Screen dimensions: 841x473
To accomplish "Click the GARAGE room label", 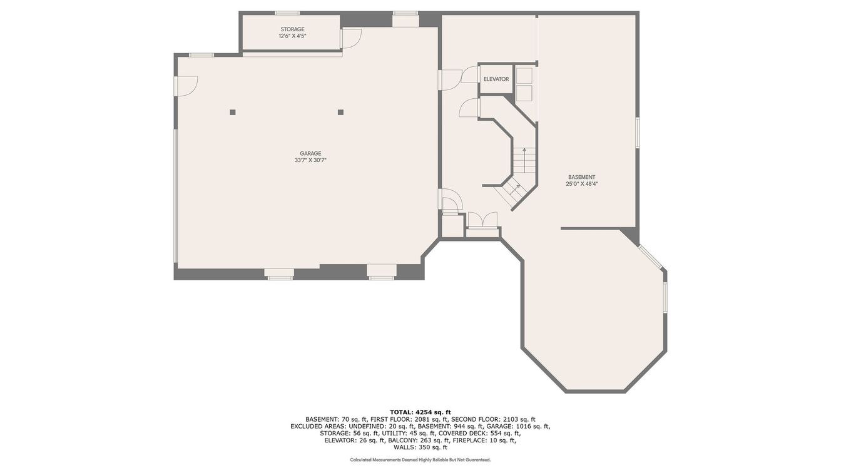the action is pyautogui.click(x=310, y=153).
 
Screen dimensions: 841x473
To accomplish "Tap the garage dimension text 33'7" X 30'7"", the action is pyautogui.click(x=310, y=160).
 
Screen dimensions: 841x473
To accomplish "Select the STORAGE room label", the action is pyautogui.click(x=292, y=29).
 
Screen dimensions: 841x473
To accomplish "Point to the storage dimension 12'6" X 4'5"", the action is pyautogui.click(x=292, y=36).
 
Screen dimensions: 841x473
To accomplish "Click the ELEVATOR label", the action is pyautogui.click(x=496, y=79).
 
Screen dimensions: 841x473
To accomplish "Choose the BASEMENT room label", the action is pyautogui.click(x=581, y=177).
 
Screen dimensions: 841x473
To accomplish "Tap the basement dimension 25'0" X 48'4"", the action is pyautogui.click(x=581, y=184).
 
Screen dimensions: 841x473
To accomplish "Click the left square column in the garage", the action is pyautogui.click(x=233, y=112).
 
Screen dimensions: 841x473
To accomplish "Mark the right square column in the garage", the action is pyautogui.click(x=340, y=112).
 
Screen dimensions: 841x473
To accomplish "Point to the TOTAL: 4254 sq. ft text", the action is pyautogui.click(x=420, y=412).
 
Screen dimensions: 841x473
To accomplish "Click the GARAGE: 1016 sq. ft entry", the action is pyautogui.click(x=519, y=427).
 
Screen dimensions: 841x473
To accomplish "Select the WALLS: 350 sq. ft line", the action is pyautogui.click(x=420, y=447).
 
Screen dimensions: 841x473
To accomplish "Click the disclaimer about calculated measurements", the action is pyautogui.click(x=420, y=460).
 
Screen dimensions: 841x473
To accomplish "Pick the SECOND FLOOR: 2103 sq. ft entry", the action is pyautogui.click(x=493, y=419).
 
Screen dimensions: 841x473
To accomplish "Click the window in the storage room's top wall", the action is pyautogui.click(x=287, y=13).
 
